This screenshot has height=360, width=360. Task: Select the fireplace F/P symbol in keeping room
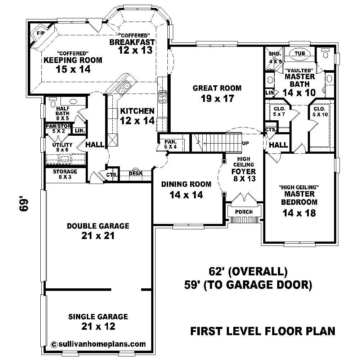tap(40, 34)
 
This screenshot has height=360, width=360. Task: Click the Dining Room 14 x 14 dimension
tap(186, 195)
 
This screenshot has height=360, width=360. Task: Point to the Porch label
tap(244, 212)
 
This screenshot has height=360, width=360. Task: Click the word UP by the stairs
tap(246, 143)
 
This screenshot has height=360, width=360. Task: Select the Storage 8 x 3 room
tap(65, 174)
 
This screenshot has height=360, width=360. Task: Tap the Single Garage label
tap(98, 317)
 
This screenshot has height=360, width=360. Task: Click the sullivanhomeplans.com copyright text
tap(99, 344)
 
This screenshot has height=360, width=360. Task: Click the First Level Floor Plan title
tap(262, 330)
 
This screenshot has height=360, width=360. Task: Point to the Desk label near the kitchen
tap(136, 174)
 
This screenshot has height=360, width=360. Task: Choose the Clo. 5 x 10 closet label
tap(319, 112)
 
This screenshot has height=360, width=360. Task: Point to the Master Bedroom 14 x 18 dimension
tap(300, 213)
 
